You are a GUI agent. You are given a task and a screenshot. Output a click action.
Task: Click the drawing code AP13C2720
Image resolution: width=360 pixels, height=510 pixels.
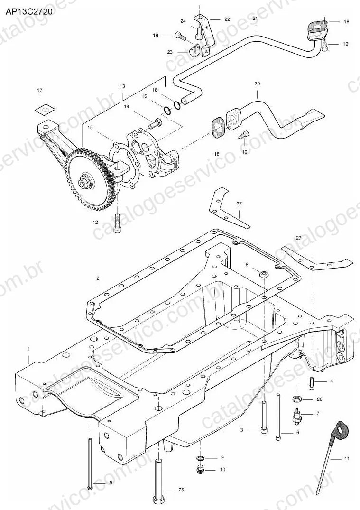click(28, 12)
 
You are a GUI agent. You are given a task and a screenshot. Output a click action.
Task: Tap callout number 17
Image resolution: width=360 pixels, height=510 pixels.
click(39, 90)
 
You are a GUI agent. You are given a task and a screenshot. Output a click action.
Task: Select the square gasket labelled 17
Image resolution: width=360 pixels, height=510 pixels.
click(45, 110)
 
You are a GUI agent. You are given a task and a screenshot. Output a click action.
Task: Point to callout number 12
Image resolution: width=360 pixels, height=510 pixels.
click(95, 223)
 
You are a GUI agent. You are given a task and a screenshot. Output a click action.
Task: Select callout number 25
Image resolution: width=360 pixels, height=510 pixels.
click(181, 490)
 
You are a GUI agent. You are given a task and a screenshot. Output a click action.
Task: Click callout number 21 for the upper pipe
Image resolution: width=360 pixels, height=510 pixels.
click(255, 19)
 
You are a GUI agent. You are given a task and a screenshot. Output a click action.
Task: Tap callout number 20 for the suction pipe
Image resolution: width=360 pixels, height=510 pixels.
click(257, 83)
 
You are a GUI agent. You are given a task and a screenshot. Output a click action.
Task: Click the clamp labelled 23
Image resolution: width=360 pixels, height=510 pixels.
click(194, 49)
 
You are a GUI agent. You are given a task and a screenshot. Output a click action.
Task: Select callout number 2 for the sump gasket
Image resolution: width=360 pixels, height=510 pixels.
click(98, 278)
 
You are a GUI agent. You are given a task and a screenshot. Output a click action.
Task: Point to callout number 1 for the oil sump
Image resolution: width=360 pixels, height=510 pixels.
click(28, 349)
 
